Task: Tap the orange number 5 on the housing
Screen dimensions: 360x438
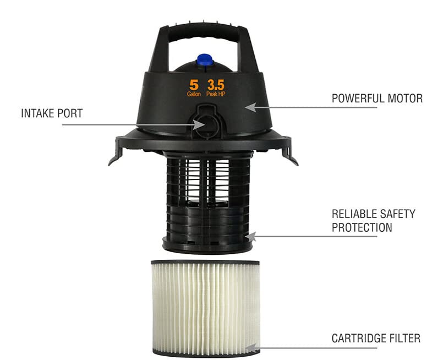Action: coord(194,85)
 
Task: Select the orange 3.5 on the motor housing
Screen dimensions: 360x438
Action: coord(216,85)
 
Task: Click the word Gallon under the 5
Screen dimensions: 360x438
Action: coord(194,94)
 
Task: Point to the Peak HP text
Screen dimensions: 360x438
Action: coord(216,94)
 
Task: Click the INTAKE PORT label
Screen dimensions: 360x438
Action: coord(52,113)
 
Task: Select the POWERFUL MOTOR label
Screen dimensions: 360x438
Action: coord(377,99)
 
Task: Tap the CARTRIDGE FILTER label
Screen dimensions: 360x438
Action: coord(376,338)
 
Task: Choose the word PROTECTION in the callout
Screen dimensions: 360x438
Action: coord(362,227)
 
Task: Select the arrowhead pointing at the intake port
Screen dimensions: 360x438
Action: coord(199,124)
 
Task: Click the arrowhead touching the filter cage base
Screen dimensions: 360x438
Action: coord(250,237)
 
